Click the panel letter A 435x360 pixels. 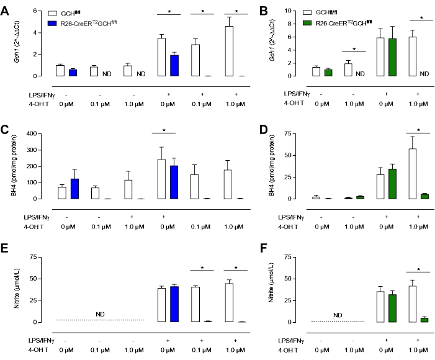click(x=5, y=11)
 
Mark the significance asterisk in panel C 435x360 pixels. click(x=164, y=130)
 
